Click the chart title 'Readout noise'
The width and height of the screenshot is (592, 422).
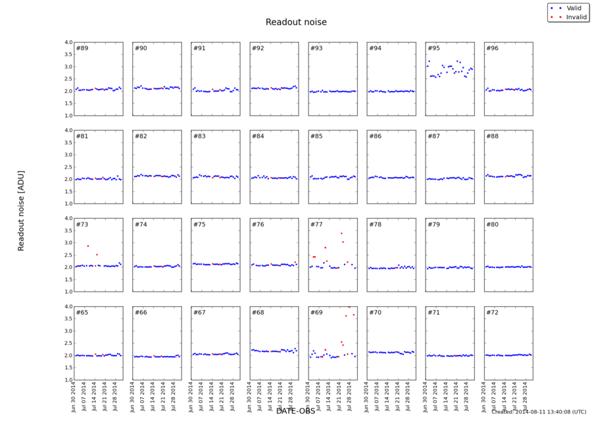click(x=296, y=22)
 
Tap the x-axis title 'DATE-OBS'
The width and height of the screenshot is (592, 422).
click(x=295, y=411)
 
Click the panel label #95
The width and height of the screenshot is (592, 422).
click(x=433, y=48)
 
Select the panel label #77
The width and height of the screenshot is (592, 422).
click(x=316, y=224)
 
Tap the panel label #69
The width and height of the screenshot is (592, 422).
click(x=316, y=312)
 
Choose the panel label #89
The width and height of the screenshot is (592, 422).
click(x=82, y=48)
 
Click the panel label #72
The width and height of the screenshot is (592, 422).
click(x=492, y=312)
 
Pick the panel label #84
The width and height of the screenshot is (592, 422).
click(x=258, y=136)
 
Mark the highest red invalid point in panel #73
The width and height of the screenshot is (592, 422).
click(x=88, y=246)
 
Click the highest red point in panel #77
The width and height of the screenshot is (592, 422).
click(x=341, y=233)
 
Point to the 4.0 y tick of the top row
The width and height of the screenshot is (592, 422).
click(x=68, y=42)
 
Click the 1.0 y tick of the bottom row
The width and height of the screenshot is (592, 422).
click(x=68, y=380)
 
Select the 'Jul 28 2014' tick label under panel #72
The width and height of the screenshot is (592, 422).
click(x=524, y=396)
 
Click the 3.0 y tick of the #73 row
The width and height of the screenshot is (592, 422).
click(x=68, y=243)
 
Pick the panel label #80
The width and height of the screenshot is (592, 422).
click(x=492, y=224)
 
